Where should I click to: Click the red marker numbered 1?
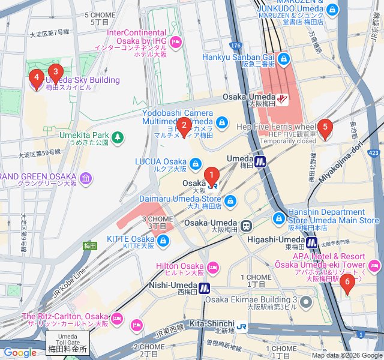pos(211,176)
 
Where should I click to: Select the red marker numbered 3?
pos(55,73)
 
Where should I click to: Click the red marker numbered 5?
pos(325,127)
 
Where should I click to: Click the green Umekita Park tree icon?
pos(118,137)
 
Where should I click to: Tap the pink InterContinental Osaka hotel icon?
pos(176,41)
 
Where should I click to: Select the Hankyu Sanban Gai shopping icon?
pos(283,59)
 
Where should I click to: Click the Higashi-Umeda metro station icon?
pos(312,242)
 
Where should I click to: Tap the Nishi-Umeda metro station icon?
pos(204,288)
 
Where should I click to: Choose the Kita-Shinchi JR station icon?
pos(241,326)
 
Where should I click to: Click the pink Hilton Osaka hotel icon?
pos(212,266)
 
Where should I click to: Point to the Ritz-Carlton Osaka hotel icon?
pos(136,325)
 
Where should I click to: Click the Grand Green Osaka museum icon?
pos(86,178)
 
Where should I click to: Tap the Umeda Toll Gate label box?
pos(68,344)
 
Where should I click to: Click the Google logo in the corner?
pos(20,353)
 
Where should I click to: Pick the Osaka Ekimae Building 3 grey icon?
pos(307,301)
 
